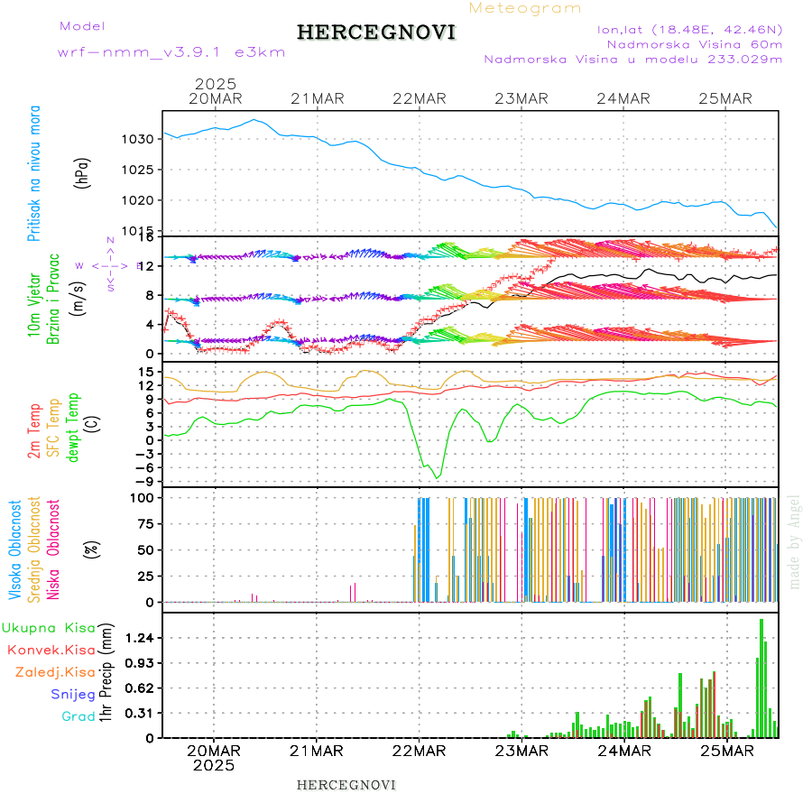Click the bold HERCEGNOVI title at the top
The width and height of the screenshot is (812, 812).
tap(376, 33)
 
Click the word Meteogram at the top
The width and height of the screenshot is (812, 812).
tap(526, 8)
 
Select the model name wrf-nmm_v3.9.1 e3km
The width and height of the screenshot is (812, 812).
tap(171, 52)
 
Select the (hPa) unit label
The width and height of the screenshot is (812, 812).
tap(83, 172)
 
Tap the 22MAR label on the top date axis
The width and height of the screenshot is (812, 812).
tap(420, 98)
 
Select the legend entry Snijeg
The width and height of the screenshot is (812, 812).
tap(73, 695)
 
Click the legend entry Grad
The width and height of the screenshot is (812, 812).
tap(78, 717)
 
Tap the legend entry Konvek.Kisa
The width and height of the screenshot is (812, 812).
tap(51, 650)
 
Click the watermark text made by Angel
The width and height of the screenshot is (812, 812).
tap(795, 541)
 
